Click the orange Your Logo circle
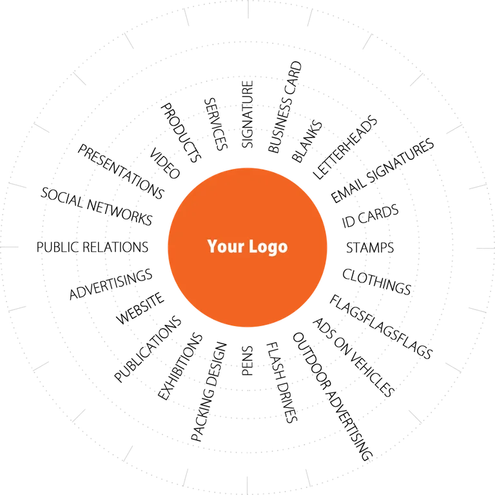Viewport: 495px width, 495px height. (247, 247)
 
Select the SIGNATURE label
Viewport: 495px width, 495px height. (247, 114)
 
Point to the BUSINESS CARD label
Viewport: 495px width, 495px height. (285, 107)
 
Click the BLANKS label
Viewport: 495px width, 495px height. (307, 141)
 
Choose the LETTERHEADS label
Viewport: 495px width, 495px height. (345, 148)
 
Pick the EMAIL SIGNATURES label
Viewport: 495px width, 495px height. (382, 170)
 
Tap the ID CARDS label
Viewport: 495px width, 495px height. (370, 216)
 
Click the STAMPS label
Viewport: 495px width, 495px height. (370, 247)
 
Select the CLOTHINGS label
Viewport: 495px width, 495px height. (376, 282)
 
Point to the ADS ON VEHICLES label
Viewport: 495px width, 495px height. (354, 357)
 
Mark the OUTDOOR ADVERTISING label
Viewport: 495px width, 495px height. (333, 396)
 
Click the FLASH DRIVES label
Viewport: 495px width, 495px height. (282, 382)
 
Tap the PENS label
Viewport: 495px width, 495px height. (247, 361)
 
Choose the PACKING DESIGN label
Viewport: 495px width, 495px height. (209, 391)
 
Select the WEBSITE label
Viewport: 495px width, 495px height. (140, 308)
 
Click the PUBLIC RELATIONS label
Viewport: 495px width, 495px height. (92, 247)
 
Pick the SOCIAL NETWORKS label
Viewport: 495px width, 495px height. (97, 206)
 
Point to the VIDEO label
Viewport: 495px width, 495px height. (164, 163)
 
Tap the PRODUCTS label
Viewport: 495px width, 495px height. (181, 133)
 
